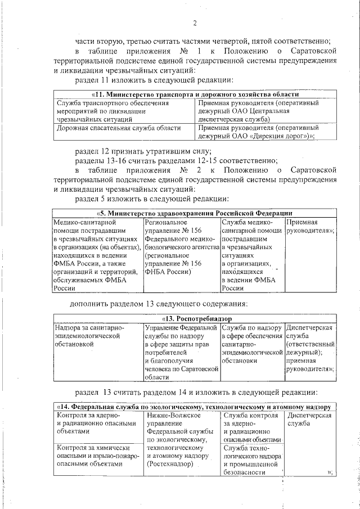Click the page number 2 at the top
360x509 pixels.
coord(194,23)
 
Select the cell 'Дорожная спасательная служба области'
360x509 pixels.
coord(117,128)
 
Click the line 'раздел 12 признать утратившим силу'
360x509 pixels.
coord(143,151)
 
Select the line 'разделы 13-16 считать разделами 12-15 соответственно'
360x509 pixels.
coord(176,160)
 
